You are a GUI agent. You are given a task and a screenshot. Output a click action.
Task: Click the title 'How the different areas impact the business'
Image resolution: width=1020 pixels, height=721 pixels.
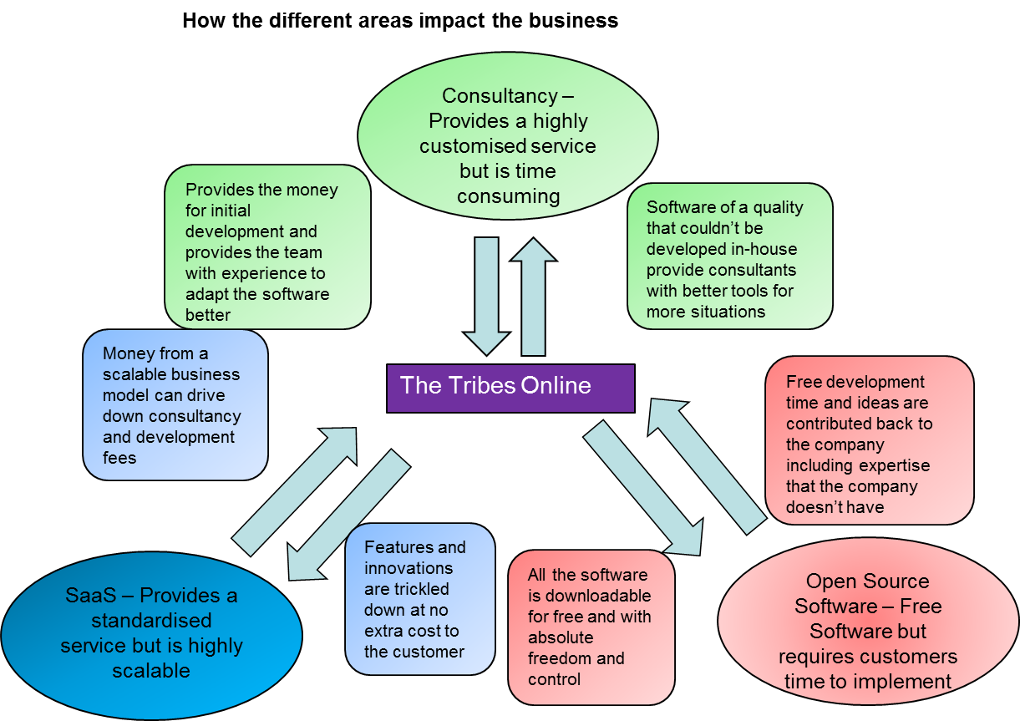pos(400,20)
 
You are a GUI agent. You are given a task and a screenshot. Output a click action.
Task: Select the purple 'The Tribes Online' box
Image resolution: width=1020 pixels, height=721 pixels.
pos(510,388)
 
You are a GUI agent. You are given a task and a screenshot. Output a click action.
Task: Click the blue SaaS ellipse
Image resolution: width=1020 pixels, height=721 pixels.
pos(150,632)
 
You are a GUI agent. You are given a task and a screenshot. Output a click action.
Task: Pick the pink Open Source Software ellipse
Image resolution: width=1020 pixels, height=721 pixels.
pos(868,631)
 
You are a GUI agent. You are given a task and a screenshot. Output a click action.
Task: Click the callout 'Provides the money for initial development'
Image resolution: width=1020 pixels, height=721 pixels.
pos(267,246)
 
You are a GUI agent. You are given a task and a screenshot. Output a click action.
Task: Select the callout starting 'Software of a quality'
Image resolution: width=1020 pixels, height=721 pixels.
pos(729,256)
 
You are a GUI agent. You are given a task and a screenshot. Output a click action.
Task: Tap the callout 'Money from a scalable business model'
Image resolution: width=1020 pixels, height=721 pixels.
pos(175,405)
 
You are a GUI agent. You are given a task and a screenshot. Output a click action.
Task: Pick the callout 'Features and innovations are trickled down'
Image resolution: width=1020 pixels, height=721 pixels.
pos(419,599)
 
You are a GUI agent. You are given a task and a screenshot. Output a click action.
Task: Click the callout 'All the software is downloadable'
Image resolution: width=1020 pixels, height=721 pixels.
pos(591,627)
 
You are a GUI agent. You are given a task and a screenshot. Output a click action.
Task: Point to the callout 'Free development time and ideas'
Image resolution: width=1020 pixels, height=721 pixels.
pos(869,440)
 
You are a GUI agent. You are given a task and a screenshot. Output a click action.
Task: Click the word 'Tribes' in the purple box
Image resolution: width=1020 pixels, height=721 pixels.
pos(480,385)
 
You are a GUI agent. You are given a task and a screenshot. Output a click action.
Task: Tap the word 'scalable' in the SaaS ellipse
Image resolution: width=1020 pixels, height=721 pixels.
pos(151,671)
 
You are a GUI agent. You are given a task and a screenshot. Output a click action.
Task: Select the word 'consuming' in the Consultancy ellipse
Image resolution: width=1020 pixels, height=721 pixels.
pos(507,196)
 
